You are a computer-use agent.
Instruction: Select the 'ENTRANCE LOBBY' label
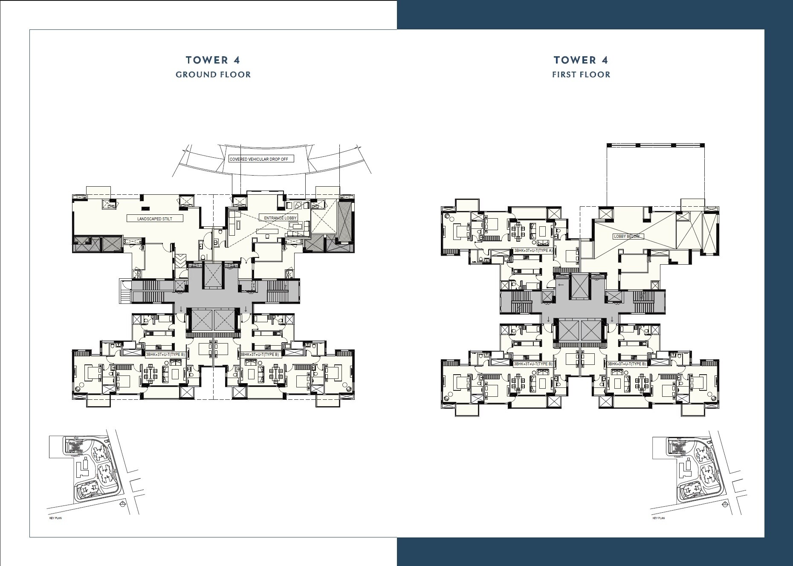280,218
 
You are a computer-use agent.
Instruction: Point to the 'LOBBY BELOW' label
626,236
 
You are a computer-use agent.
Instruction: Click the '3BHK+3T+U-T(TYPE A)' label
533,251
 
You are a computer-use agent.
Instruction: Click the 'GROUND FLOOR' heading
213,75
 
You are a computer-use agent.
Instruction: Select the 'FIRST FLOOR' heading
581,75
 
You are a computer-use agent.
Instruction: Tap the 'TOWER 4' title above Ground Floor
213,60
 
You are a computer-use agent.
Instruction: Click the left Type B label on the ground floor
165,354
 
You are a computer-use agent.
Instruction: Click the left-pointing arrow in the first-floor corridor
561,285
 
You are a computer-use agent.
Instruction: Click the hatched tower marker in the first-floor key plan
678,447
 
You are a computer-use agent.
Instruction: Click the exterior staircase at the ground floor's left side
125,292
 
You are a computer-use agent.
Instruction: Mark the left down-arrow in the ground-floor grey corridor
181,309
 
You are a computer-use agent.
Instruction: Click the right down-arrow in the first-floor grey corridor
613,319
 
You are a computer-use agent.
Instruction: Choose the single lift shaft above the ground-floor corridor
212,275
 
